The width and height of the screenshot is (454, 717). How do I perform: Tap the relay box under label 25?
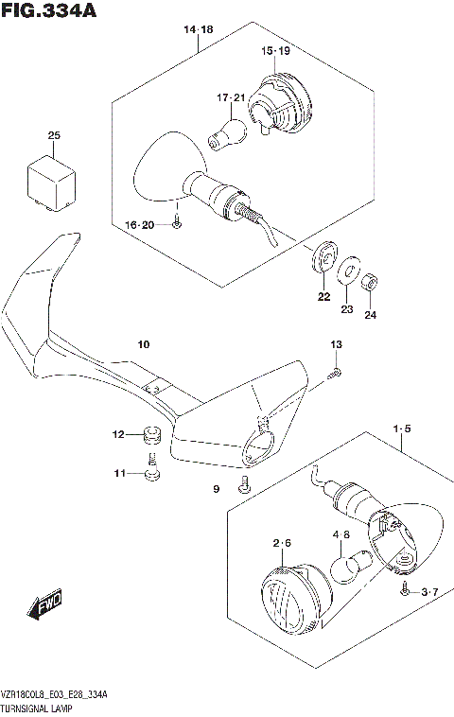(x=54, y=180)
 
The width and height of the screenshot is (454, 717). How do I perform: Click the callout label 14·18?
(x=199, y=31)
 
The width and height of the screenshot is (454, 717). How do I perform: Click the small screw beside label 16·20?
(x=177, y=224)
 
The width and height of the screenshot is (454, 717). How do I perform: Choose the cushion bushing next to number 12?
(x=148, y=437)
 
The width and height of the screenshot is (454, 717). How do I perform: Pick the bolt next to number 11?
(x=148, y=468)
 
